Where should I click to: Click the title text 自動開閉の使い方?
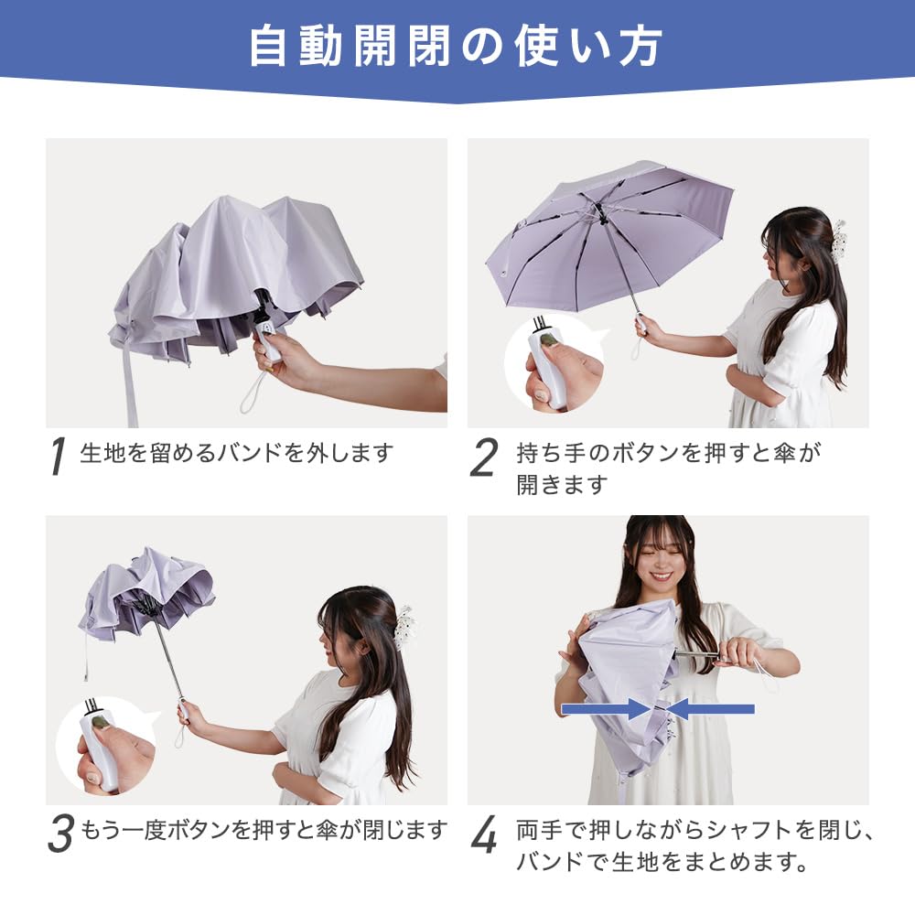click(456, 46)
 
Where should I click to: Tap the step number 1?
click(57, 456)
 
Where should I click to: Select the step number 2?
click(484, 457)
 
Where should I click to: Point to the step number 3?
click(60, 834)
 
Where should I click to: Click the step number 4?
click(484, 834)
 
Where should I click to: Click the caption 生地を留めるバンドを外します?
click(236, 453)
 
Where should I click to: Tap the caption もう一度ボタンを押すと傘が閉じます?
click(264, 829)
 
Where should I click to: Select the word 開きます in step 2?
click(562, 484)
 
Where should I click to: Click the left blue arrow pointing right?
click(605, 709)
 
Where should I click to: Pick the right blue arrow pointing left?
click(710, 709)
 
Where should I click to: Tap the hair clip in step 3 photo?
click(404, 630)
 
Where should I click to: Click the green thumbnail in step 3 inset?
click(101, 723)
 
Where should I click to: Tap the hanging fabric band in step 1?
click(130, 385)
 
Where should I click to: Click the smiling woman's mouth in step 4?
click(661, 576)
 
